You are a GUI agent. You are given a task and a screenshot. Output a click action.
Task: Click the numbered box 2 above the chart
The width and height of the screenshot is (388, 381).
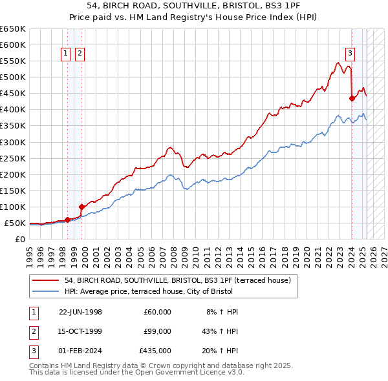tap(80, 54)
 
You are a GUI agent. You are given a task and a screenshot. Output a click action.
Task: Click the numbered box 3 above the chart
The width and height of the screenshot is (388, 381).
tap(350, 54)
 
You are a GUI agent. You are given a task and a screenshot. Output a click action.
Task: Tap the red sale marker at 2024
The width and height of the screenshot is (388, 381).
tap(352, 98)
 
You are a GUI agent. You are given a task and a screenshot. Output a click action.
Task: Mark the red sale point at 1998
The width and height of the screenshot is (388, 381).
tap(67, 220)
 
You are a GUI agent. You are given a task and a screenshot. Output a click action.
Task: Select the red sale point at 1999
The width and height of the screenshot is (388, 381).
tap(81, 207)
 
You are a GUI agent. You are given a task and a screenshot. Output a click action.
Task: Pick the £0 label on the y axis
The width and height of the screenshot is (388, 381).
tap(20, 239)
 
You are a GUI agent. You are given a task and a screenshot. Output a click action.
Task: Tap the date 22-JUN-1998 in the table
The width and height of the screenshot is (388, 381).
tap(80, 312)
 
